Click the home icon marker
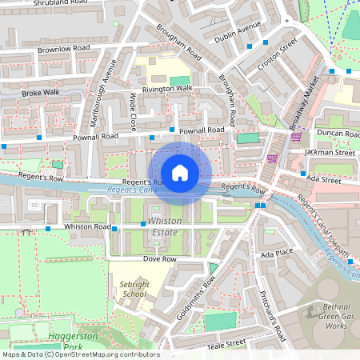[180, 172]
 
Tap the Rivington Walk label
[167, 88]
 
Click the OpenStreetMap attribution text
[80, 354]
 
